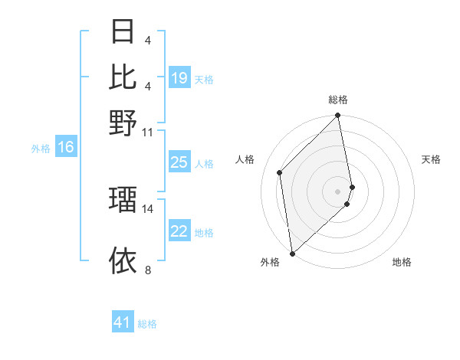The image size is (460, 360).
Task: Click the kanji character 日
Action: (123, 33)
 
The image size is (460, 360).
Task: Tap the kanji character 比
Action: (123, 77)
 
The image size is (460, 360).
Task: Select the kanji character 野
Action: (123, 123)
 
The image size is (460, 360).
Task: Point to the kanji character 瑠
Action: (123, 199)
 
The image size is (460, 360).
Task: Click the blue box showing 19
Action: (179, 78)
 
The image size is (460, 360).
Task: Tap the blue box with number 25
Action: (179, 162)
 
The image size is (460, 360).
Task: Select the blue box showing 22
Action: (179, 231)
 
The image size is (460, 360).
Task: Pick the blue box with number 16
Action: (66, 148)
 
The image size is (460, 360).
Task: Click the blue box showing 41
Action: (123, 322)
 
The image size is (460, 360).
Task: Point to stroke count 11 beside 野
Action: (148, 132)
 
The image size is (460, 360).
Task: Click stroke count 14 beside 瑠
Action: (148, 208)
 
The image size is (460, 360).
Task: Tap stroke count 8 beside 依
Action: (148, 270)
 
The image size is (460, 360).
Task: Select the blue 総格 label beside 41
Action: (147, 324)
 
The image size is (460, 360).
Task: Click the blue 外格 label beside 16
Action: (41, 149)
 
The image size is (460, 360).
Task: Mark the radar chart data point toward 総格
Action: (337, 116)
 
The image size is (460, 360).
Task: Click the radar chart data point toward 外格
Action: (292, 253)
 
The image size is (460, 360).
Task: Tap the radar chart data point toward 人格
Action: (280, 172)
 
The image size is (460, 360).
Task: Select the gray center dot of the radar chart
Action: (337, 191)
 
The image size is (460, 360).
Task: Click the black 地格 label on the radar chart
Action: (402, 262)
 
